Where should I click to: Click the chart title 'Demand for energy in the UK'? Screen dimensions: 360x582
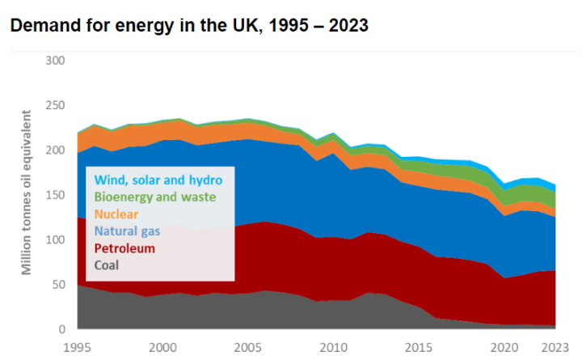tap(189, 25)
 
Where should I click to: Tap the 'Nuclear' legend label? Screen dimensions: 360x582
tap(116, 214)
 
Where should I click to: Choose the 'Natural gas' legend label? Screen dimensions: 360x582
tap(127, 231)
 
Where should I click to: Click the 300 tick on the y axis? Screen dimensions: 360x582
tap(54, 61)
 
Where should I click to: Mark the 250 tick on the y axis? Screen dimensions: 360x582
tap(54, 105)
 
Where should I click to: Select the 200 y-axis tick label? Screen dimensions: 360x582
tap(54, 150)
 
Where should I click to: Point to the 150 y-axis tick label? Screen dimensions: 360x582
tap(54, 195)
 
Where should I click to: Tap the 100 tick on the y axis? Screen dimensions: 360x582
tap(54, 240)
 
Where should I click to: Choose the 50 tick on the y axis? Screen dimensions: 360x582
tap(57, 285)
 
